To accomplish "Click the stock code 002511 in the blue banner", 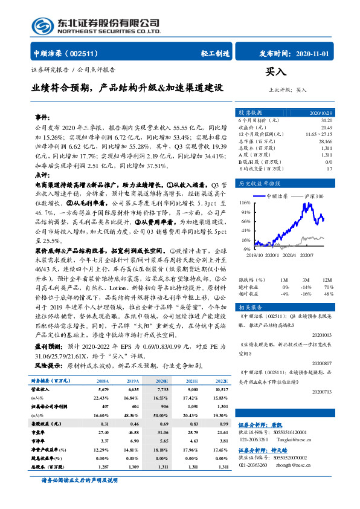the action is click(x=86, y=53).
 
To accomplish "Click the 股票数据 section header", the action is click(x=250, y=112).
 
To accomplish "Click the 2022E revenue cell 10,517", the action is click(x=222, y=390).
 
